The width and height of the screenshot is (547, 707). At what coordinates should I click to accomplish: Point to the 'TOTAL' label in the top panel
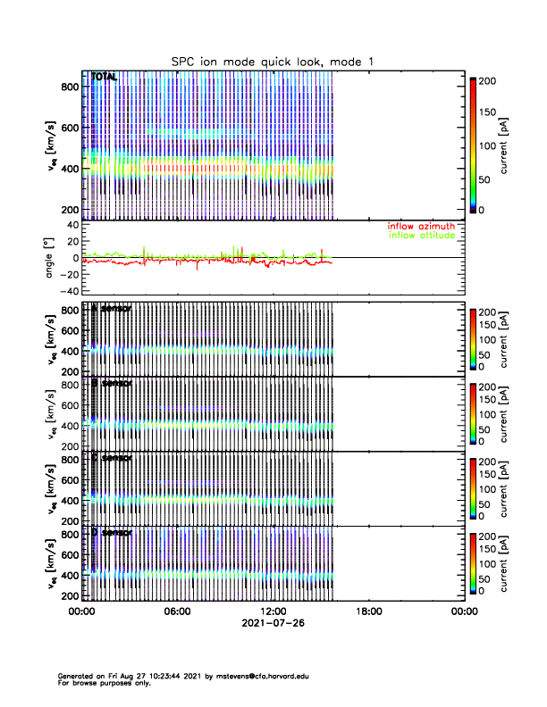pyautogui.click(x=105, y=79)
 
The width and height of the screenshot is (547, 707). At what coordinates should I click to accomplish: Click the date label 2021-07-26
pyautogui.click(x=272, y=623)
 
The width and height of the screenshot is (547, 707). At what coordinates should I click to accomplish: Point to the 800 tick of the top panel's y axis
pyautogui.click(x=69, y=86)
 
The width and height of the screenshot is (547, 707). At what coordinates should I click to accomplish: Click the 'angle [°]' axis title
pyautogui.click(x=52, y=258)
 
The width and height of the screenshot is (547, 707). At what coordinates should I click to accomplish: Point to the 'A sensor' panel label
pyautogui.click(x=111, y=309)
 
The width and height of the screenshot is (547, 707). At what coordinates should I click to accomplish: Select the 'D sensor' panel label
pyautogui.click(x=111, y=533)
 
